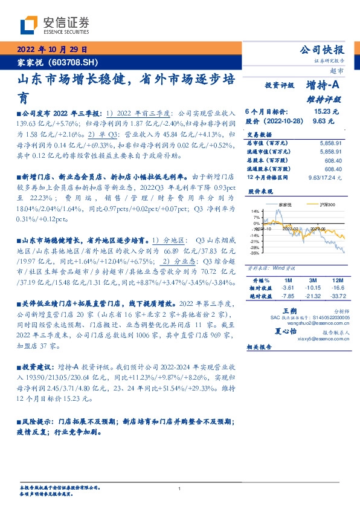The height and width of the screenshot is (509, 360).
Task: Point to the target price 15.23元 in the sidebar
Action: point(327,112)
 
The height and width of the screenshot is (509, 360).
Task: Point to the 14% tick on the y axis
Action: point(257,227)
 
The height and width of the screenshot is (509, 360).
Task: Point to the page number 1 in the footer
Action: point(180,489)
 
